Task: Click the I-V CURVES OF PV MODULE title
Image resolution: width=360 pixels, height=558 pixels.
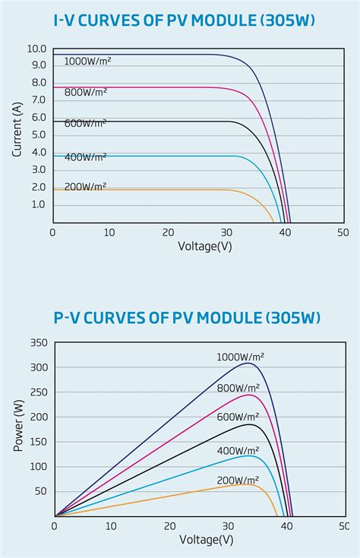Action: click(180, 21)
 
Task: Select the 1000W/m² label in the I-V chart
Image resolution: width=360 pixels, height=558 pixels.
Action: click(87, 61)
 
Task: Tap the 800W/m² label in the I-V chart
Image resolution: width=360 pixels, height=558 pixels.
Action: click(85, 92)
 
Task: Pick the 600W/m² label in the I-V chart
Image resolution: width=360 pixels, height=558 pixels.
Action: click(85, 124)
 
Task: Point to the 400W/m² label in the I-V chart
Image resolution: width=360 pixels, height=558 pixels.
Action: click(85, 156)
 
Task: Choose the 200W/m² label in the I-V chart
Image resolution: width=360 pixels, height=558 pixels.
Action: click(85, 186)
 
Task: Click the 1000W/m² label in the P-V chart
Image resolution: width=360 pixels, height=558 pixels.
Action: click(241, 357)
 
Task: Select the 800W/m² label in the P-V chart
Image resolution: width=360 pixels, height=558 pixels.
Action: click(238, 388)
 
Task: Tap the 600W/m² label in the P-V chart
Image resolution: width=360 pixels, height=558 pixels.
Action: click(238, 417)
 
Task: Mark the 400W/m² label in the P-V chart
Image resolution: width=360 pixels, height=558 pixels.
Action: click(238, 451)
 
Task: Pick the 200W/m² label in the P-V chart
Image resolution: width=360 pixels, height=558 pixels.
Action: click(238, 481)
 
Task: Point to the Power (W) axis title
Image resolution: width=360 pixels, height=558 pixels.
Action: click(17, 426)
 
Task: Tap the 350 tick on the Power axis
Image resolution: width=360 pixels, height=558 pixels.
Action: click(39, 343)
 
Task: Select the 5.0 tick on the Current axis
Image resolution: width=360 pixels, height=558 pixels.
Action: click(39, 135)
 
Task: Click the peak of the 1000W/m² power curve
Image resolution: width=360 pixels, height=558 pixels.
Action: click(248, 364)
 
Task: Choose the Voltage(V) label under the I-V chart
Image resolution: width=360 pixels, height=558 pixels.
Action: click(205, 246)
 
